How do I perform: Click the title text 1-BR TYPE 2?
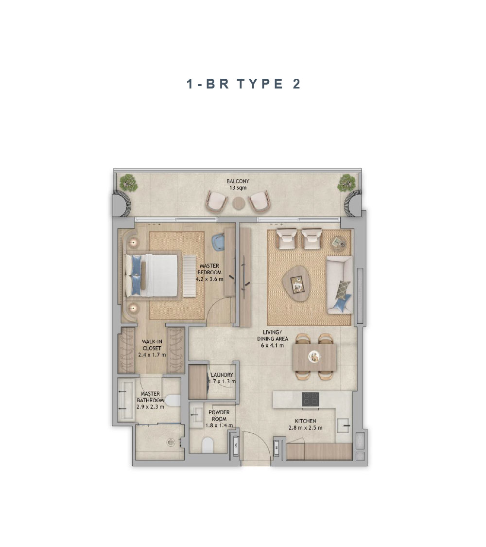pos(243,84)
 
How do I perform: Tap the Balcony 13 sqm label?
pos(238,185)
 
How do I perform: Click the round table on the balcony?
pos(239,202)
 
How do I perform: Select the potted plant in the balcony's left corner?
pos(129,183)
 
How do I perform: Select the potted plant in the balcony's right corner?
pos(347,183)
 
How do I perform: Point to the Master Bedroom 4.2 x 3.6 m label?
pos(209,272)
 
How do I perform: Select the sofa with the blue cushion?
pos(339,284)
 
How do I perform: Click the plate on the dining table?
pos(314,357)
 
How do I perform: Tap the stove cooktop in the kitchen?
pos(310,399)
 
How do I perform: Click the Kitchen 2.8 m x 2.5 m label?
pos(305,424)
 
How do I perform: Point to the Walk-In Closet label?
pos(152,348)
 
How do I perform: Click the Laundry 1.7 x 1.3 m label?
pos(222,378)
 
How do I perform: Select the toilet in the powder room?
pos(208,444)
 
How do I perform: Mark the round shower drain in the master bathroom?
pos(171,442)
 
